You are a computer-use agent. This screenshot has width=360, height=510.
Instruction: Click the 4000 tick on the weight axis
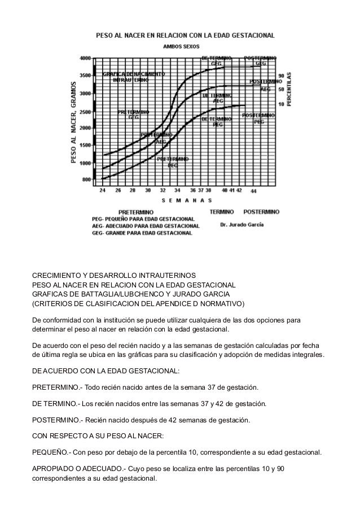(85, 58)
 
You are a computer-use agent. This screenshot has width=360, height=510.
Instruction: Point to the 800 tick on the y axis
(86, 180)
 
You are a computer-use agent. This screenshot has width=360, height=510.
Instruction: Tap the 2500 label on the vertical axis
(85, 112)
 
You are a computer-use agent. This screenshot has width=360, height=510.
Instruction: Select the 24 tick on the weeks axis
(102, 191)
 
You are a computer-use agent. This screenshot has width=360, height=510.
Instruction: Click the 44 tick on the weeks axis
(253, 191)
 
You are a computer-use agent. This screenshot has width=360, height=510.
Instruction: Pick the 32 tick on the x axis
(163, 191)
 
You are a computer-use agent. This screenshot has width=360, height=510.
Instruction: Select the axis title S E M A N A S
(187, 200)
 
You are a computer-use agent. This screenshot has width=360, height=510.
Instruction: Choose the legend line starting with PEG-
(143, 219)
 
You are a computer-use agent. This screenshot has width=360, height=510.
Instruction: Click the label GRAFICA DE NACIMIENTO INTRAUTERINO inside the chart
(134, 77)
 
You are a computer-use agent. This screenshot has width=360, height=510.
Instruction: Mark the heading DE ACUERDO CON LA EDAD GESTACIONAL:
(106, 372)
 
